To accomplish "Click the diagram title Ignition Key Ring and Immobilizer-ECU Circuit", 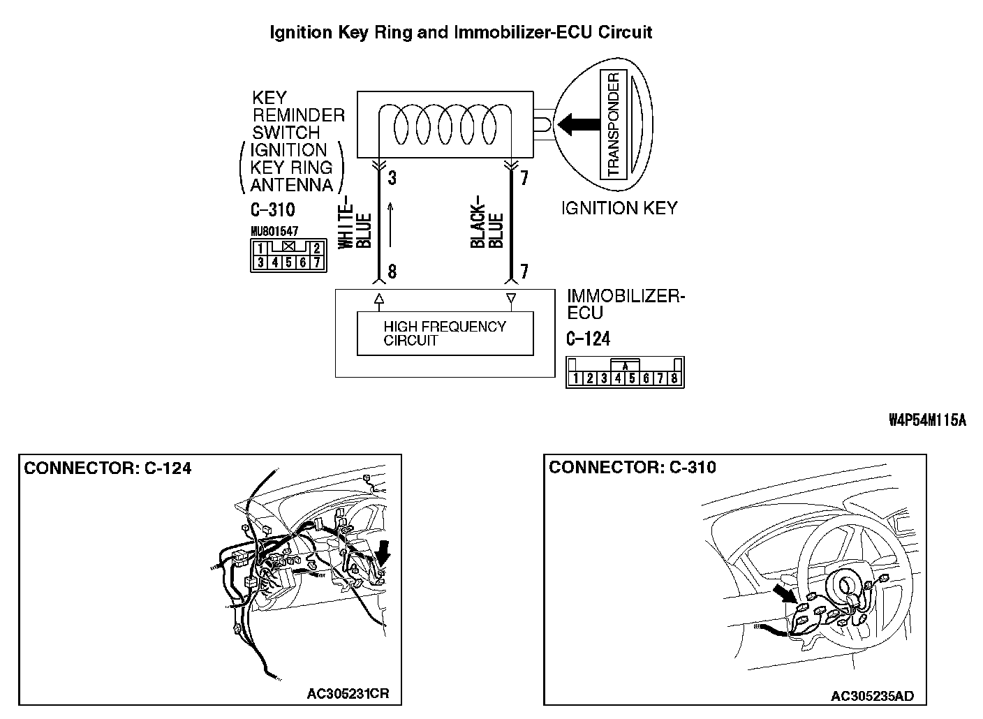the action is click(461, 32).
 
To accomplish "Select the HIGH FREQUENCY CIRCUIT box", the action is click(445, 334).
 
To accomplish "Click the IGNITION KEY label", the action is click(619, 208).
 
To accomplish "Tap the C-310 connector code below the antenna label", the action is click(272, 210).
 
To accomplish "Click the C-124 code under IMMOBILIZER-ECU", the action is click(588, 339).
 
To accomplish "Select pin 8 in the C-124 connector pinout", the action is click(674, 379).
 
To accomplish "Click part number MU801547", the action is click(274, 231).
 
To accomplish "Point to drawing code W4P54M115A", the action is click(927, 420).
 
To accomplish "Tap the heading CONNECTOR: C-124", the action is click(108, 468).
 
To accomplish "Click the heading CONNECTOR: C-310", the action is click(633, 468).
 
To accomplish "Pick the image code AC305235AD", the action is click(872, 696).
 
